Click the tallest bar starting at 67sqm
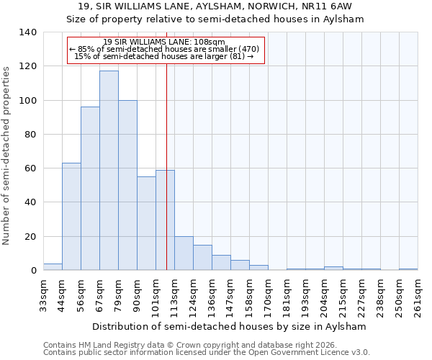click(109, 171)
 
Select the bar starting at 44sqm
click(71, 217)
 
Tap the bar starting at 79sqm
click(127, 185)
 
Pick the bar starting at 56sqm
click(90, 189)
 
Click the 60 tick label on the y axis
click(29, 168)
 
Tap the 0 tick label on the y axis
click(32, 271)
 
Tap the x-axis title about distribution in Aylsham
click(230, 326)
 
